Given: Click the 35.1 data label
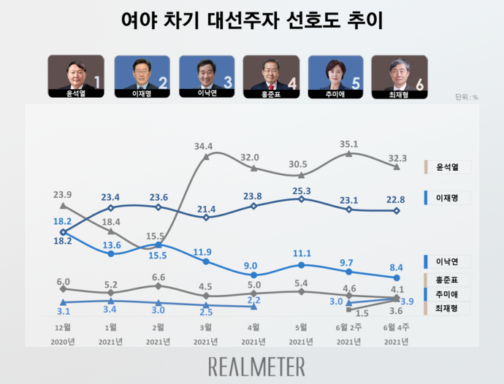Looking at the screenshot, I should point(351,144).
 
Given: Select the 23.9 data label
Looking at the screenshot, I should point(63,195).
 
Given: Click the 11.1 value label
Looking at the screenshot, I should point(302,253).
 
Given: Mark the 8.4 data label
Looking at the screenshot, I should point(397,268).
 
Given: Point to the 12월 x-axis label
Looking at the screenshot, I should point(63,326).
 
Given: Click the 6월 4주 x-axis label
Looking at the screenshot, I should point(396,326).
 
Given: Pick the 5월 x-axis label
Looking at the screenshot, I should point(301,326).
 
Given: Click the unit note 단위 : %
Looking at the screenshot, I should point(466,97).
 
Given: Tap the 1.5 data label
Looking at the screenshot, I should point(362,312).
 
